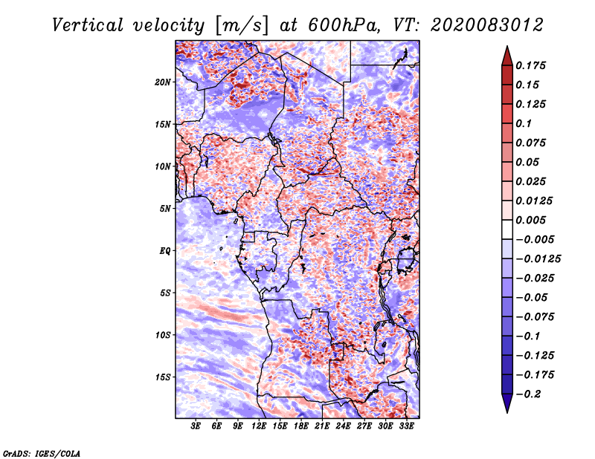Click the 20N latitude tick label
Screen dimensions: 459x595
pos(164,82)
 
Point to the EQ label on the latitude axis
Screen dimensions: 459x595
pos(165,251)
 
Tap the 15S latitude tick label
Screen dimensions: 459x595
pos(164,377)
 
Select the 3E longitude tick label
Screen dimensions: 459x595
pos(196,427)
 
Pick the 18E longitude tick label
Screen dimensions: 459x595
pos(300,427)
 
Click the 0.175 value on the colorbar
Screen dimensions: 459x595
pos(534,66)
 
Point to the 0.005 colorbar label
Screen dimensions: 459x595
pos(534,221)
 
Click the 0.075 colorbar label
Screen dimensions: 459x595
pos(534,143)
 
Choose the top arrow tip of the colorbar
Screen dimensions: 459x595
pos(506,48)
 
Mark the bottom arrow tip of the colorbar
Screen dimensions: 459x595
pos(506,411)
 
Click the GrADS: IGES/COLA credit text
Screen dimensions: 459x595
pos(41,452)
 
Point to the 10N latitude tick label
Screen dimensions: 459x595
pos(164,166)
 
